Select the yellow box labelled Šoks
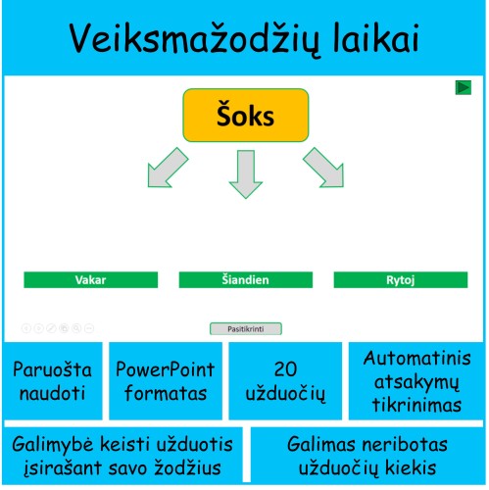tap(244, 116)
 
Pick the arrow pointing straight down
tap(245, 173)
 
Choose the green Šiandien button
tap(245, 280)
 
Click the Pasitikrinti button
tap(245, 329)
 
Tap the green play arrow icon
tap(464, 88)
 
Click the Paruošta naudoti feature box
tap(51, 382)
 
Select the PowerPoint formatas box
tap(162, 382)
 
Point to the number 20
tap(285, 369)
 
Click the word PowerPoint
tap(162, 370)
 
